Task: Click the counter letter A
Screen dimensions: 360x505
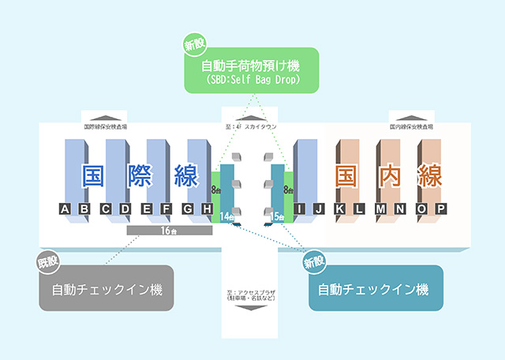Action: coord(65,209)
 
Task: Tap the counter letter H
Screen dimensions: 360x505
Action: coord(207,209)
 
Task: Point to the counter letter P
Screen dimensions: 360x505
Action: coord(441,209)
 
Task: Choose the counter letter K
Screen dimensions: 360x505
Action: coord(340,209)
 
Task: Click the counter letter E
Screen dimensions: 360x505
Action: coord(147,209)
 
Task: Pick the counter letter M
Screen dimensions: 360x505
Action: coord(380,209)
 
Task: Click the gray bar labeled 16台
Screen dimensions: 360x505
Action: coord(168,231)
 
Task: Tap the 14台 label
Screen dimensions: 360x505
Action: coord(227,216)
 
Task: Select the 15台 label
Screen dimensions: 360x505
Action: coord(277,216)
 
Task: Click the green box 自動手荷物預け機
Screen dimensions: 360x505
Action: coord(252,71)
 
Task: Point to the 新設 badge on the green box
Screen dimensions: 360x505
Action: coord(193,46)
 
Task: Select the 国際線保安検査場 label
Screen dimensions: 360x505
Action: coord(106,126)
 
